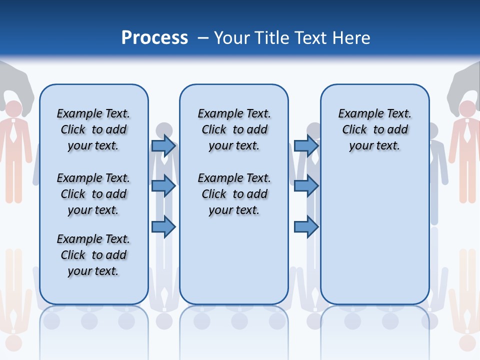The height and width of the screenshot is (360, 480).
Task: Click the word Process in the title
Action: [x=154, y=38]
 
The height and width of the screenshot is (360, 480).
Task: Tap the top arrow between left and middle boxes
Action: [x=163, y=145]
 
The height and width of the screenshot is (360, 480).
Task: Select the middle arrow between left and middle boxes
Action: [x=163, y=186]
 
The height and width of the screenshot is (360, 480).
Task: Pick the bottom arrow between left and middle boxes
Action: [x=163, y=227]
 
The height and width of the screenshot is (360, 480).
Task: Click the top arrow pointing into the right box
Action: [x=306, y=145]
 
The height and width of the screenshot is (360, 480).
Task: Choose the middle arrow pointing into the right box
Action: [x=306, y=186]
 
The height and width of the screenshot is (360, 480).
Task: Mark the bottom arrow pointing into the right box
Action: [x=306, y=227]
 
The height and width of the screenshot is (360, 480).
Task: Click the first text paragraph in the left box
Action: [x=93, y=129]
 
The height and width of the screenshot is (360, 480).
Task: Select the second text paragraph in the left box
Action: [x=93, y=194]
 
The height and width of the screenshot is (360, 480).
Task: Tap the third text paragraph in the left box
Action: [x=93, y=255]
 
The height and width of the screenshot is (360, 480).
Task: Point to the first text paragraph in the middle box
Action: [x=234, y=129]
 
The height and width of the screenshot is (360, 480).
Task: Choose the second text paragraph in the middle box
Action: [x=234, y=194]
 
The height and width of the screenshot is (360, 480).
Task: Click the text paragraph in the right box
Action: [x=375, y=129]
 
